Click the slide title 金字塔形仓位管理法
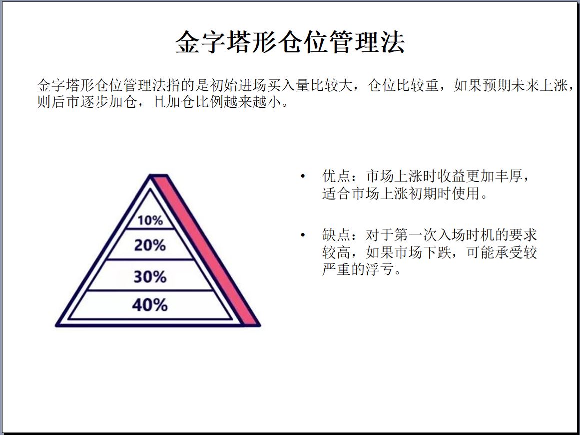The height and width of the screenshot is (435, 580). point(290,42)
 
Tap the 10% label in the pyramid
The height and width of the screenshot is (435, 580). point(150,220)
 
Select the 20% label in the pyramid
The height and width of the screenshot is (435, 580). point(150,245)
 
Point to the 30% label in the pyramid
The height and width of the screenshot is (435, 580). point(150,276)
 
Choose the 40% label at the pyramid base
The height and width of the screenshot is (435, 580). point(150,305)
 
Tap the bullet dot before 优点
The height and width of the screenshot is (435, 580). point(303,176)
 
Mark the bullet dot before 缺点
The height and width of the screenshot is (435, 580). point(303,235)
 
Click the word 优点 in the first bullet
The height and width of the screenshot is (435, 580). point(336,176)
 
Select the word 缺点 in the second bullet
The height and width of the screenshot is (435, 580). point(336,235)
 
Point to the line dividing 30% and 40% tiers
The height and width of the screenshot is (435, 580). point(150,291)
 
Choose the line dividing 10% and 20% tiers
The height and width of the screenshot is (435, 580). point(150,229)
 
